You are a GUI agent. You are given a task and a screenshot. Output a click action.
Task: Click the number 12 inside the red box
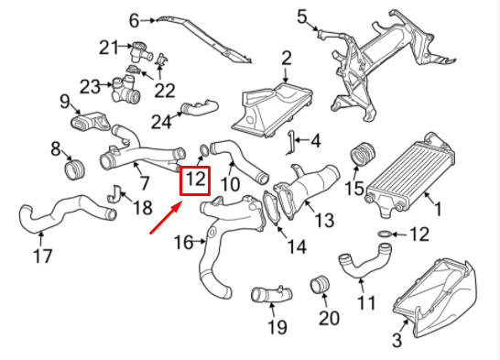click(195, 179)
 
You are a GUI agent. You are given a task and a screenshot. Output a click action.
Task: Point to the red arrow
click(166, 217)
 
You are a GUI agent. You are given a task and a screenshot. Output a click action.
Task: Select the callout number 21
click(109, 48)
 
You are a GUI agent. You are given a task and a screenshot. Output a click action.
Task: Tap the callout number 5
click(302, 16)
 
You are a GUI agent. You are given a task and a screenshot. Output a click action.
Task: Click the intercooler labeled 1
click(410, 176)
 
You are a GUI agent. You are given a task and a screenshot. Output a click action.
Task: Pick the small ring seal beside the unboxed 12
click(386, 235)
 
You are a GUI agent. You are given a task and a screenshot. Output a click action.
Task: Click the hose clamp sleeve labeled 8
click(75, 169)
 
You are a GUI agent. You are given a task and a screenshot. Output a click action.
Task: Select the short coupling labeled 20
click(320, 285)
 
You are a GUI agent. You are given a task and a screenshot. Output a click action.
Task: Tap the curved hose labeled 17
click(65, 213)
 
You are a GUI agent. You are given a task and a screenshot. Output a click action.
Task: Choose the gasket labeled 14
click(271, 208)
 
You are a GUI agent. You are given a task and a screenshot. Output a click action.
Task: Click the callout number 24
click(161, 122)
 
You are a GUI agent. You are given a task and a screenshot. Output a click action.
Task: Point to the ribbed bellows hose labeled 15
click(363, 155)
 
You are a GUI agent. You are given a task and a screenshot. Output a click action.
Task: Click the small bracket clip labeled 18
click(114, 193)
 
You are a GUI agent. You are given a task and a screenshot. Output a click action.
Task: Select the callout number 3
click(397, 340)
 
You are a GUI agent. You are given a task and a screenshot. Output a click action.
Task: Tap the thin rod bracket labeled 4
click(291, 143)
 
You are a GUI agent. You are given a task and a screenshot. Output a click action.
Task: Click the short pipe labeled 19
click(272, 294)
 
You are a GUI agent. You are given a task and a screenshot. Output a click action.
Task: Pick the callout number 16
click(184, 243)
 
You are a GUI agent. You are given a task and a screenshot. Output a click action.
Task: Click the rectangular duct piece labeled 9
click(90, 122)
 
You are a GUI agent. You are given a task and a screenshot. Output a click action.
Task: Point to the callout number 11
click(365, 303)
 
